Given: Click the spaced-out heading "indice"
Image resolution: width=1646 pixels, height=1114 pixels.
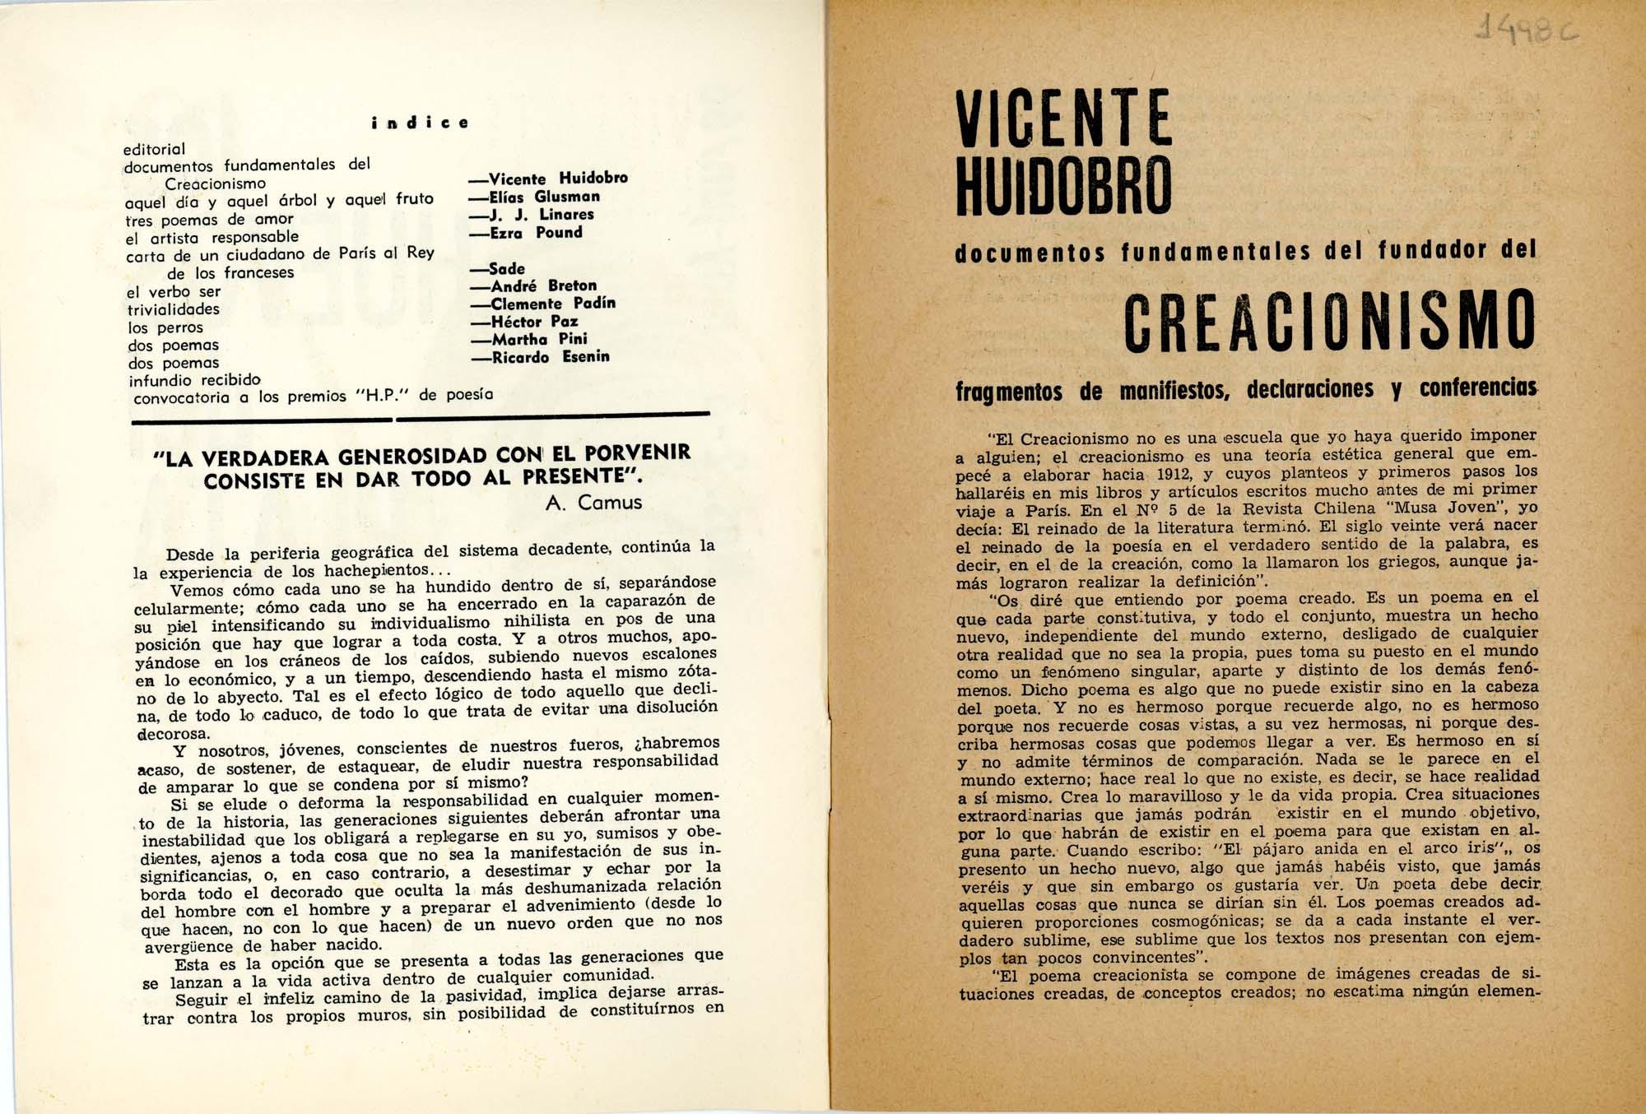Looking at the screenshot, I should [420, 123].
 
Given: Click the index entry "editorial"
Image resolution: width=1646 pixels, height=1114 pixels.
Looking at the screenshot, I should [155, 149].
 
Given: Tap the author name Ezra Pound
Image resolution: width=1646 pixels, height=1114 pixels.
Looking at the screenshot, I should [537, 233].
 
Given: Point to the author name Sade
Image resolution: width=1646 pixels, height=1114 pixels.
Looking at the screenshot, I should [499, 269].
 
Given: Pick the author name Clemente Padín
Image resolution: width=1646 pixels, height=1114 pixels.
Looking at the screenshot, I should [543, 304].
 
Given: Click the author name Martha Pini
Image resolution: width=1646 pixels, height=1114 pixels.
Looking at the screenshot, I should [529, 339].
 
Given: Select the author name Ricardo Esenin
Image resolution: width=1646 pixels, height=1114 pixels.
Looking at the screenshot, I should [540, 357].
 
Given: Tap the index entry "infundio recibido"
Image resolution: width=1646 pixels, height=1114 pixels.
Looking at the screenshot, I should [194, 380].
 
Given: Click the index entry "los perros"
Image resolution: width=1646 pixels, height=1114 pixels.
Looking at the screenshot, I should [165, 327].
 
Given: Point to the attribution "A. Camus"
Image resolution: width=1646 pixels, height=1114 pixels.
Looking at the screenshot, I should [593, 502].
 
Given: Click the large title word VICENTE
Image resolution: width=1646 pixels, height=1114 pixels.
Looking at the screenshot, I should [1063, 118].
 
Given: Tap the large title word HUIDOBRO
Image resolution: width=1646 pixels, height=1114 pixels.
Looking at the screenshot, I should [1063, 184].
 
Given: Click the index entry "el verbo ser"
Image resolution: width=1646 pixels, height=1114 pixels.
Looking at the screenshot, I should [174, 292].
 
